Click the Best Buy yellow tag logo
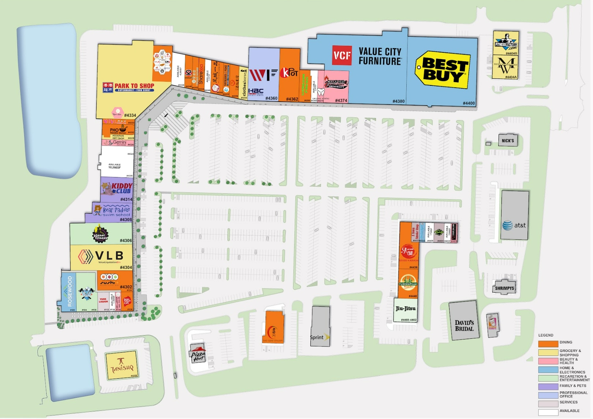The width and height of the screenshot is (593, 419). click(x=443, y=70)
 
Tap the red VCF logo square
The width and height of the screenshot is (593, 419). click(x=342, y=55)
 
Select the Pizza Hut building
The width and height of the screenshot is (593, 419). click(x=198, y=354)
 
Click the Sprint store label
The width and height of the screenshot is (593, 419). click(x=317, y=337)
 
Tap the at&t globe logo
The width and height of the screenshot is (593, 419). click(x=507, y=225)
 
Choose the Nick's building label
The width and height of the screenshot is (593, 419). click(x=508, y=140)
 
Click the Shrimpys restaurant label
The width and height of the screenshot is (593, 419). click(x=504, y=288)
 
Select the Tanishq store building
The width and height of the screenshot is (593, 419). click(x=122, y=365)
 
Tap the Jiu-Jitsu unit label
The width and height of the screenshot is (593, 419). click(x=406, y=309)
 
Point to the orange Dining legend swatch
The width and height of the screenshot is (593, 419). click(x=548, y=343)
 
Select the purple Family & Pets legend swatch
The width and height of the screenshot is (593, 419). click(x=548, y=386)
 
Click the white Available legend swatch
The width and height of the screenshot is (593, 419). click(x=548, y=412)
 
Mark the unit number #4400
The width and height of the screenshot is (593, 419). click(x=469, y=103)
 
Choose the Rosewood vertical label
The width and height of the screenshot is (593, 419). click(x=70, y=291)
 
